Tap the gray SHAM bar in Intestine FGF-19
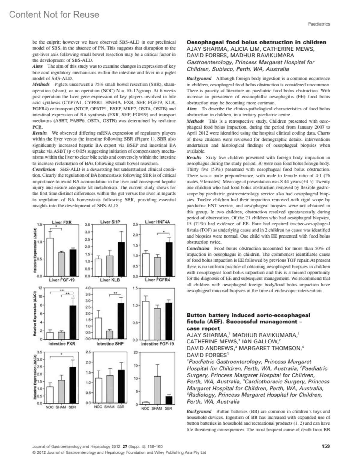(157, 390)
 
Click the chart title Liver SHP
(110, 222)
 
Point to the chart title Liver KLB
(110, 280)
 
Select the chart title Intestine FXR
(62, 343)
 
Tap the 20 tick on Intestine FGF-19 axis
(135, 352)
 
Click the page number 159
(325, 446)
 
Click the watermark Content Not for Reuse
(54, 14)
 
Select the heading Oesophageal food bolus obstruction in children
(256, 42)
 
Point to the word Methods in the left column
(41, 84)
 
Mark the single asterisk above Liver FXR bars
(56, 227)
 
